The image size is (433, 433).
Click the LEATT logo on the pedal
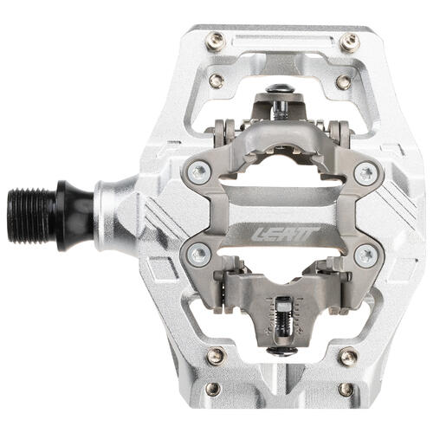[x=285, y=234]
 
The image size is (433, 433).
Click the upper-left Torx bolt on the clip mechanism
[x=200, y=173]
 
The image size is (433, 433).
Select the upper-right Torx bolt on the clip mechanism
[x=366, y=173]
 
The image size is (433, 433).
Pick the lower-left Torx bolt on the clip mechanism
[x=200, y=254]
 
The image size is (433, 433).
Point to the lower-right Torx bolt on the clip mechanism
[x=366, y=255]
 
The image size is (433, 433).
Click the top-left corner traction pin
[x=216, y=40]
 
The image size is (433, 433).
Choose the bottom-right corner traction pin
[x=348, y=357]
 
